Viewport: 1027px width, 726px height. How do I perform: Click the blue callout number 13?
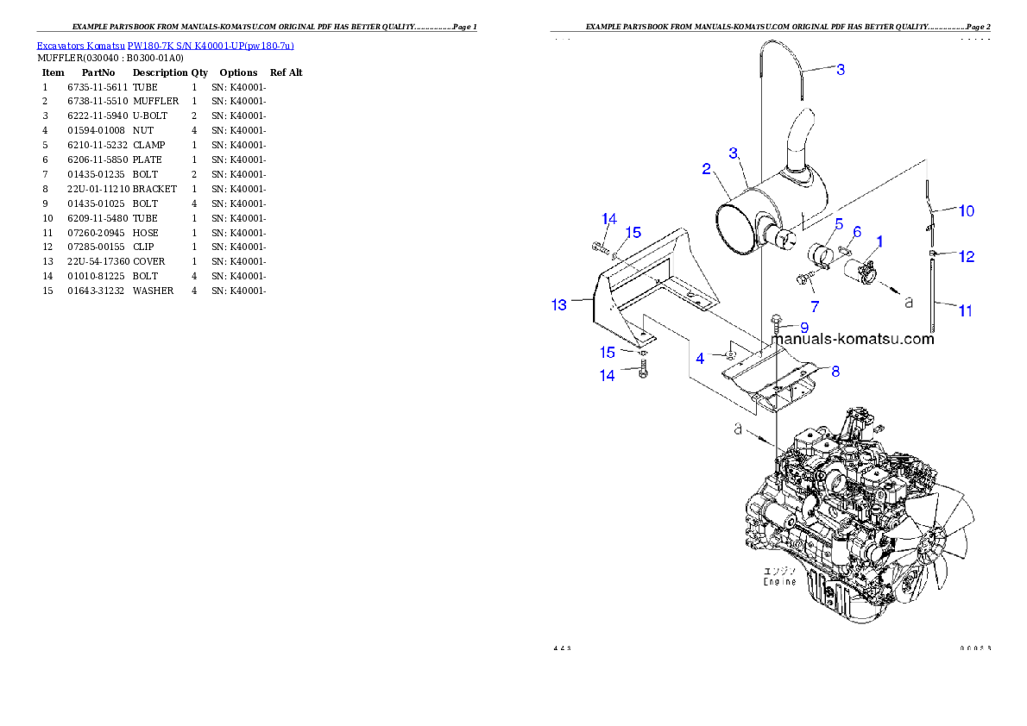(x=559, y=304)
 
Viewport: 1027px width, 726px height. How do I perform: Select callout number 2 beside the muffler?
(x=706, y=168)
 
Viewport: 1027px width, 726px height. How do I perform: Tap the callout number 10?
(x=967, y=210)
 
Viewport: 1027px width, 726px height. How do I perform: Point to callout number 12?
(x=967, y=256)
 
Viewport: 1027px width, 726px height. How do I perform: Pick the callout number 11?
(x=966, y=310)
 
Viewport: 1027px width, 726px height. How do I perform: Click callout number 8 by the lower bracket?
(x=835, y=372)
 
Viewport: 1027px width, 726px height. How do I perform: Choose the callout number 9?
(x=803, y=327)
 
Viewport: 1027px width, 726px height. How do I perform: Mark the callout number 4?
(x=701, y=357)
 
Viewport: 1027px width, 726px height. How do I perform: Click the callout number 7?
(x=814, y=306)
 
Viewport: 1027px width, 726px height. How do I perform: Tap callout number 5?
(x=838, y=222)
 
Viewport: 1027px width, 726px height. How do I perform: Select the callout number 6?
(x=857, y=232)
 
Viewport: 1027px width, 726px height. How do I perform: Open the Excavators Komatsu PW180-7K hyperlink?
(x=165, y=46)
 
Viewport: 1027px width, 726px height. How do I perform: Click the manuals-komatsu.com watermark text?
(x=853, y=339)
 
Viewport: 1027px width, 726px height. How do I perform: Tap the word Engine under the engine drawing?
(x=779, y=582)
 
